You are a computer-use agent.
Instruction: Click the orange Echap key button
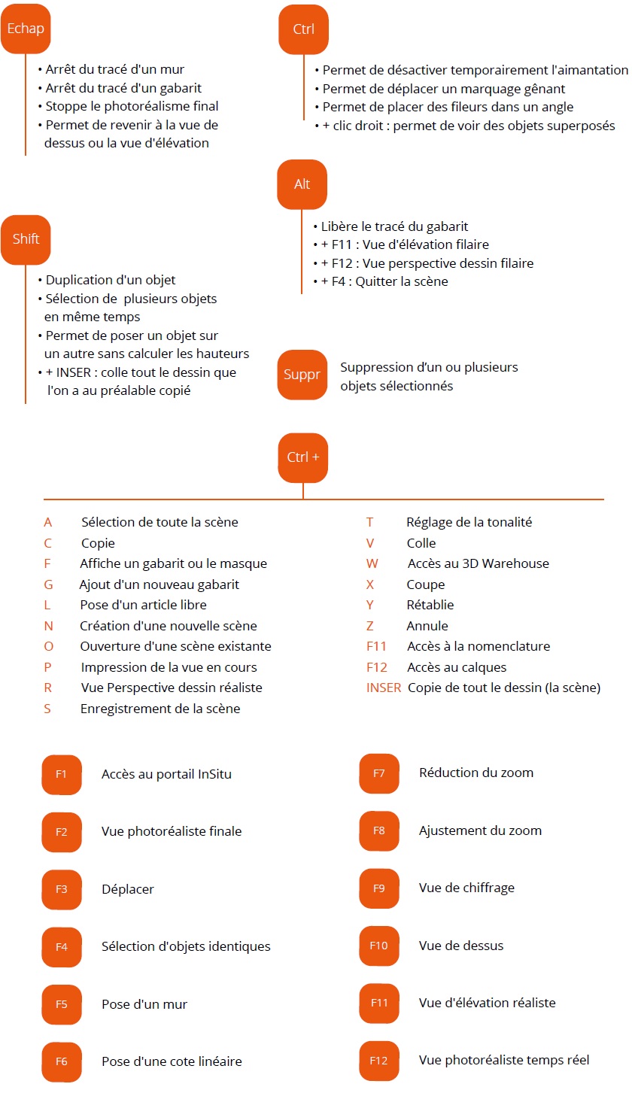(26, 29)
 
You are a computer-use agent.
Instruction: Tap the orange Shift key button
(26, 240)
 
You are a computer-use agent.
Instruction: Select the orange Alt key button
(302, 184)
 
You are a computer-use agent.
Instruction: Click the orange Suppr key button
(302, 375)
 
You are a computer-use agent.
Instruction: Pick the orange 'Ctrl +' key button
(302, 457)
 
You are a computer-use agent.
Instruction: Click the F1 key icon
(61, 774)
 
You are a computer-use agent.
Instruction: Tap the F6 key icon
(61, 1061)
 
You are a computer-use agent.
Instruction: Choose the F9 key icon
(379, 888)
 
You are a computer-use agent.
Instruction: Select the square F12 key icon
(378, 1061)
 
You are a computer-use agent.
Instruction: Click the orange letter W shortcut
(372, 563)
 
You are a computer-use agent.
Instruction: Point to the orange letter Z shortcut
(370, 626)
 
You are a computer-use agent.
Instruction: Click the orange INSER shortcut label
(384, 688)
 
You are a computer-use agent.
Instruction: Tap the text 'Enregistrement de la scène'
(160, 709)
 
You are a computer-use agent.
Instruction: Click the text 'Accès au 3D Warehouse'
(478, 563)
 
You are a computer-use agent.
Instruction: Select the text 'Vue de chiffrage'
(466, 888)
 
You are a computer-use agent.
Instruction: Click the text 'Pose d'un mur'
(144, 1004)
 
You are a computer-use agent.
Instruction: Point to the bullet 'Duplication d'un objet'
(110, 281)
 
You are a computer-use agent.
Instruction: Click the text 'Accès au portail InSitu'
(166, 774)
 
